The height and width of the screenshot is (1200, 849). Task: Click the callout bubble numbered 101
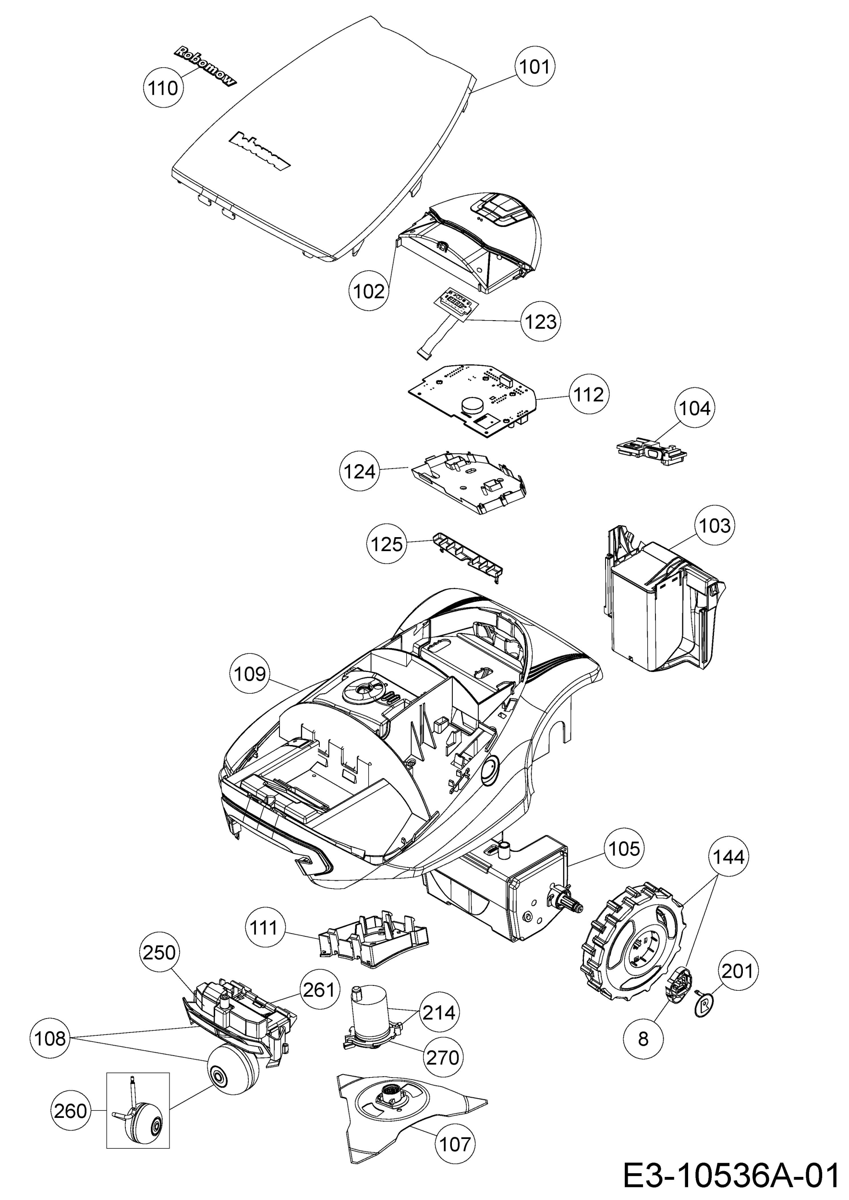[535, 67]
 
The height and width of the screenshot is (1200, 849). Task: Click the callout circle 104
[695, 408]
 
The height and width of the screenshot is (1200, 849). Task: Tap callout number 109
[250, 674]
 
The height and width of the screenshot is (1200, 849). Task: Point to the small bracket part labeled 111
[373, 939]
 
